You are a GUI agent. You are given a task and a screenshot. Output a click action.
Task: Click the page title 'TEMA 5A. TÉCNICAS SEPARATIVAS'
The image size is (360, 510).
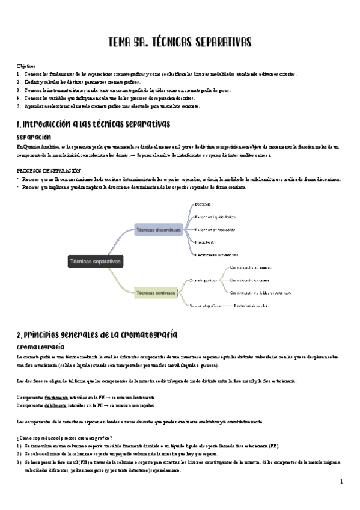point(180,41)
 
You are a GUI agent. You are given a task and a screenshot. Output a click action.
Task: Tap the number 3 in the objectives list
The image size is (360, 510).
point(19,90)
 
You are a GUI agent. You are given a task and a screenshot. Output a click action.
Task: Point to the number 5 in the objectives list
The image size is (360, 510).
point(19,106)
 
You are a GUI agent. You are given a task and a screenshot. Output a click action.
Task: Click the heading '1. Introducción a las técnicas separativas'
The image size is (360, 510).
point(94,124)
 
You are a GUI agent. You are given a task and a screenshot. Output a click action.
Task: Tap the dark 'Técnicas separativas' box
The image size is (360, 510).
point(96,262)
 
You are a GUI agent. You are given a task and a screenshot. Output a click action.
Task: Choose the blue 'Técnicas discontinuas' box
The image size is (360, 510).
point(158,230)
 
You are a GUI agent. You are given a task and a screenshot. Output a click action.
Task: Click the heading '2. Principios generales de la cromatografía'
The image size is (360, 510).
point(97,334)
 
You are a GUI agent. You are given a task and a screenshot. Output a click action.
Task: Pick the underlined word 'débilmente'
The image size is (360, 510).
point(58,405)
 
